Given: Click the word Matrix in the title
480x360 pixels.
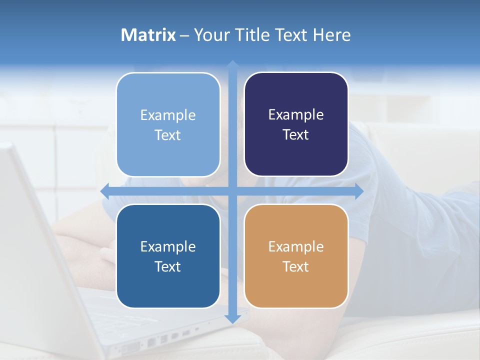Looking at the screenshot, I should (148, 35).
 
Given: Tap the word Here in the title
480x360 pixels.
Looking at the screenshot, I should (332, 35).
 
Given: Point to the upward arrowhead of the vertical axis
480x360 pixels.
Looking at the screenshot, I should (232, 65).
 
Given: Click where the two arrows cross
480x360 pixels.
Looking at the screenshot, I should (232, 191).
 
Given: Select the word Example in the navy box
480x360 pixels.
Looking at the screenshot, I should (296, 115).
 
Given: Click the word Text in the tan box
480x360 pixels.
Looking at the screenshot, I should (296, 266).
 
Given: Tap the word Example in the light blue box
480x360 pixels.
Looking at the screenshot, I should (168, 115).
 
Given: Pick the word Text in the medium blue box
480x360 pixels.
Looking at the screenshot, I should (168, 266).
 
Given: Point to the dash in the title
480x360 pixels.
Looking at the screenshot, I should (184, 35).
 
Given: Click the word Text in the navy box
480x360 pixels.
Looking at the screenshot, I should (296, 134).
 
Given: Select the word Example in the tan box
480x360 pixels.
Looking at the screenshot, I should (296, 246).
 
